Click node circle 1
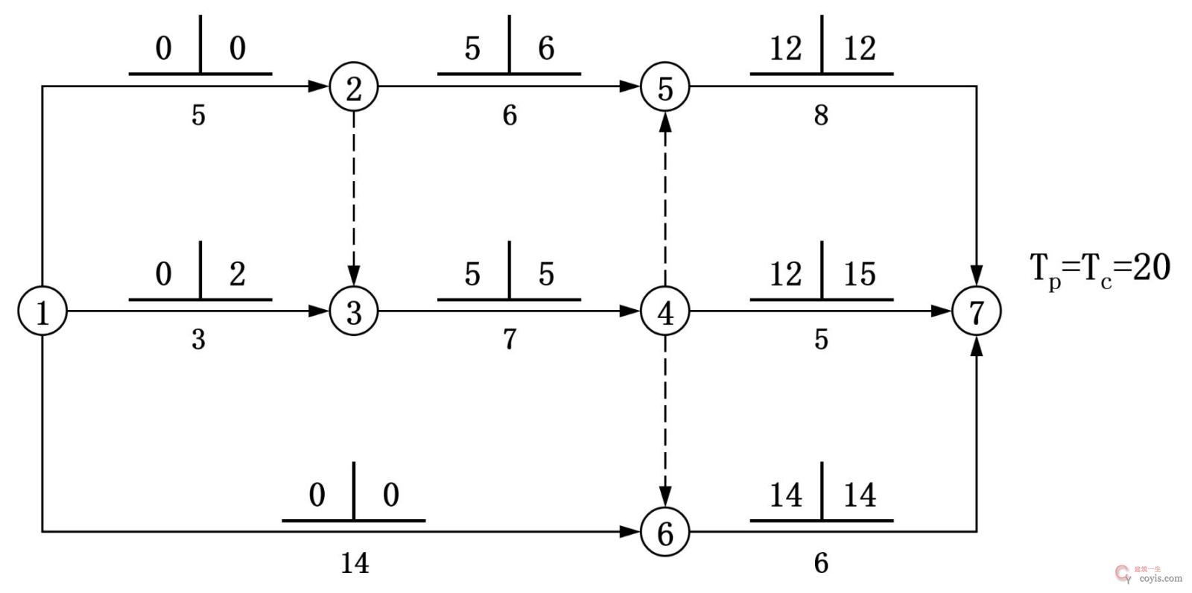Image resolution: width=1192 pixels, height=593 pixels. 42,311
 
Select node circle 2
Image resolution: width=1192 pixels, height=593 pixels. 354,88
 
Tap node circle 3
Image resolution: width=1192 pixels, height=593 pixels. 354,311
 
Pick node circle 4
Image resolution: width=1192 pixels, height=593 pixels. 665,311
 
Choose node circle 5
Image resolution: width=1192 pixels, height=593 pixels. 665,88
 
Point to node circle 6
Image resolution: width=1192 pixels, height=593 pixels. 665,533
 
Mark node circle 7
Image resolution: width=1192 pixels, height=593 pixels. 977,311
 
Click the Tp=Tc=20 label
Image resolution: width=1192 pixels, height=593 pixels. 1100,269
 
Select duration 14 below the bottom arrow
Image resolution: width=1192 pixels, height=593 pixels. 355,563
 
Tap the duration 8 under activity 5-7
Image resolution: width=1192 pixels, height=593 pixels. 821,115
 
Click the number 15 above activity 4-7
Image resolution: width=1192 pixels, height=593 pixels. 859,274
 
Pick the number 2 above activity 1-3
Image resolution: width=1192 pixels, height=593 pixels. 237,274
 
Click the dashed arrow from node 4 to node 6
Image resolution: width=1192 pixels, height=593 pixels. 665,421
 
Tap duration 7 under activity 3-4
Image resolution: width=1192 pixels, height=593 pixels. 510,340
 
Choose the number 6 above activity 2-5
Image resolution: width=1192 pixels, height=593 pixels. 546,49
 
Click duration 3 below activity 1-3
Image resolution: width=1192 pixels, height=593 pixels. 198,340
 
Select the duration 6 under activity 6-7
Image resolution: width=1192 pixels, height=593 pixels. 821,563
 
